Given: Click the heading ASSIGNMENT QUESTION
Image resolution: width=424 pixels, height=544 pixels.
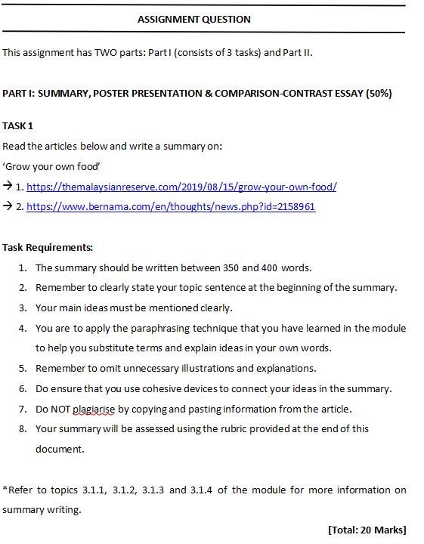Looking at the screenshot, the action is pos(194,20).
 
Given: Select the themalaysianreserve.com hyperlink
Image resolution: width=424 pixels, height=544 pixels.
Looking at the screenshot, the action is pos(181,187).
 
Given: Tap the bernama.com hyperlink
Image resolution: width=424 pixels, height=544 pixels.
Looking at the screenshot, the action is pos(171,206).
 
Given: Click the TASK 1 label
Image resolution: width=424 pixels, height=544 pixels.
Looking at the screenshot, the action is pos(17,125).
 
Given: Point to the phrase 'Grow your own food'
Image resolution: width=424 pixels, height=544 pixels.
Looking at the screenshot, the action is pos(51,166).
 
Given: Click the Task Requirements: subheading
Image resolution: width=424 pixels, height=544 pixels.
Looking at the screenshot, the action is pos(48,247).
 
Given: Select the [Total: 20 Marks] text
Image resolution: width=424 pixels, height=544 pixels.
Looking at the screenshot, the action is pos(367,530).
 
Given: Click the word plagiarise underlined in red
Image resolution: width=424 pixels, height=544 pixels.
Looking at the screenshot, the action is pos(94,409).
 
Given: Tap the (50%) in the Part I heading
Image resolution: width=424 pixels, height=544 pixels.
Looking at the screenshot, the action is pos(378,93).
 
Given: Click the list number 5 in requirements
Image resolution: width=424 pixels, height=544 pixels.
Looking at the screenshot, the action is pos(23,369).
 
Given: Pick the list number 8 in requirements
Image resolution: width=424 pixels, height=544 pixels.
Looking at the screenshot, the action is pos(23,428).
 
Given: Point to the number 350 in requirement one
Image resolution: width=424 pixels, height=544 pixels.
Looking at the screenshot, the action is pos(232,267).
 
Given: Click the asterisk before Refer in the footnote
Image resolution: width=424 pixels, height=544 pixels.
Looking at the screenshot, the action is pos(5,489).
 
